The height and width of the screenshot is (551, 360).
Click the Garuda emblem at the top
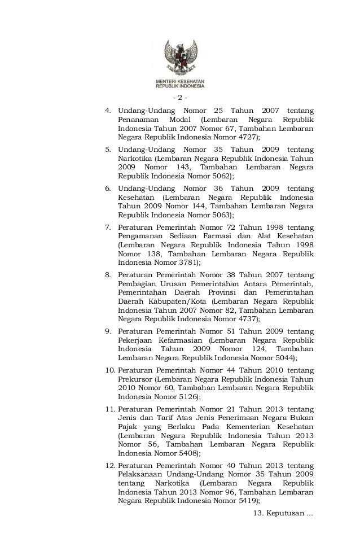pos(180,57)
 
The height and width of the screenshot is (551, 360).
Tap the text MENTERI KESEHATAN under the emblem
pos(180,82)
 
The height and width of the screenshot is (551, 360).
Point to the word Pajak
pos(128,427)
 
